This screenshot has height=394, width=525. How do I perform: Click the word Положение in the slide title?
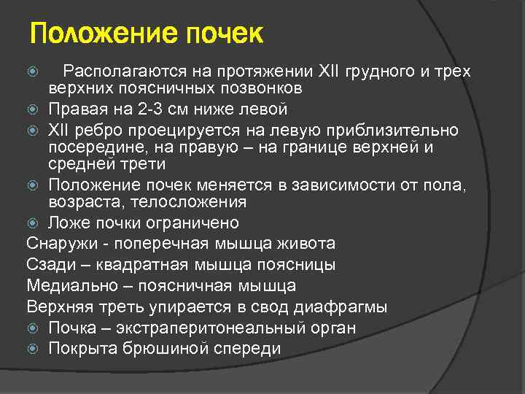[93, 34]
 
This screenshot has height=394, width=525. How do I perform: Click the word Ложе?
[68, 223]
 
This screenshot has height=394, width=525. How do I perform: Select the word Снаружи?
[59, 244]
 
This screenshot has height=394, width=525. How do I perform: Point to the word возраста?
[79, 201]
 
